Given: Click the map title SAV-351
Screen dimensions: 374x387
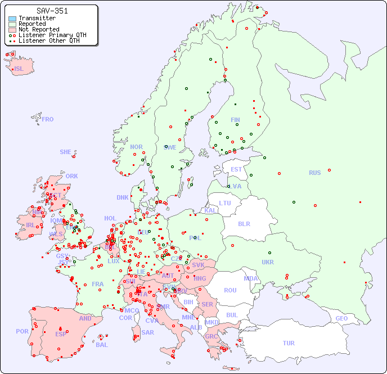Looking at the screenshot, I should pos(52,11).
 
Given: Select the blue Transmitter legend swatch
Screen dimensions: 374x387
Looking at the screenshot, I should pos(12,19).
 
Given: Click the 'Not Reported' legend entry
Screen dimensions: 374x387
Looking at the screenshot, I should pos(38,29).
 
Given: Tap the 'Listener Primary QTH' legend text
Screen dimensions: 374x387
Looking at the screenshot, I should pos(52,35).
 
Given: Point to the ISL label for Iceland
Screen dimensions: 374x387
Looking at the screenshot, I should pos(19,69).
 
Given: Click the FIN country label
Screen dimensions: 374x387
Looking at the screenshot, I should pos(235,120).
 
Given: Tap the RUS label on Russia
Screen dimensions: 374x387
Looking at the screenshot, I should pos(314,173).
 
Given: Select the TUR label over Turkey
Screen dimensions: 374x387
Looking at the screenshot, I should pos(289,343).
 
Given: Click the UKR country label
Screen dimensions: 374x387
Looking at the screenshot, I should pos(268,262).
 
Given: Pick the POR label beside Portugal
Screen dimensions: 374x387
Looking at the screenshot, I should pos(22,331).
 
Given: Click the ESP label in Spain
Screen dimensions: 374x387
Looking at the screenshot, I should pos(61,334).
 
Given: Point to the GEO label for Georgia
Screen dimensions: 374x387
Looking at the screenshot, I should pos(341,318).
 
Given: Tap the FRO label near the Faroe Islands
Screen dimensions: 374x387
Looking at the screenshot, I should pos(48,119).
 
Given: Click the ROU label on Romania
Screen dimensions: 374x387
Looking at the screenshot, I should pos(230,290).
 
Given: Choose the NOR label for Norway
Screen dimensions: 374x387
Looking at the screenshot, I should pos(136,147).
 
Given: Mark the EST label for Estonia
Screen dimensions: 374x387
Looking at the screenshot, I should pos(236,169).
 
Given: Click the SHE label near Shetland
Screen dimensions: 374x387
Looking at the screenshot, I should pos(66,152).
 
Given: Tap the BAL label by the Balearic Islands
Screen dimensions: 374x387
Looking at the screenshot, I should pos(101,345).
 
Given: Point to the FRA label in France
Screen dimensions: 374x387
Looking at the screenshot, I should pos(98,284).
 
